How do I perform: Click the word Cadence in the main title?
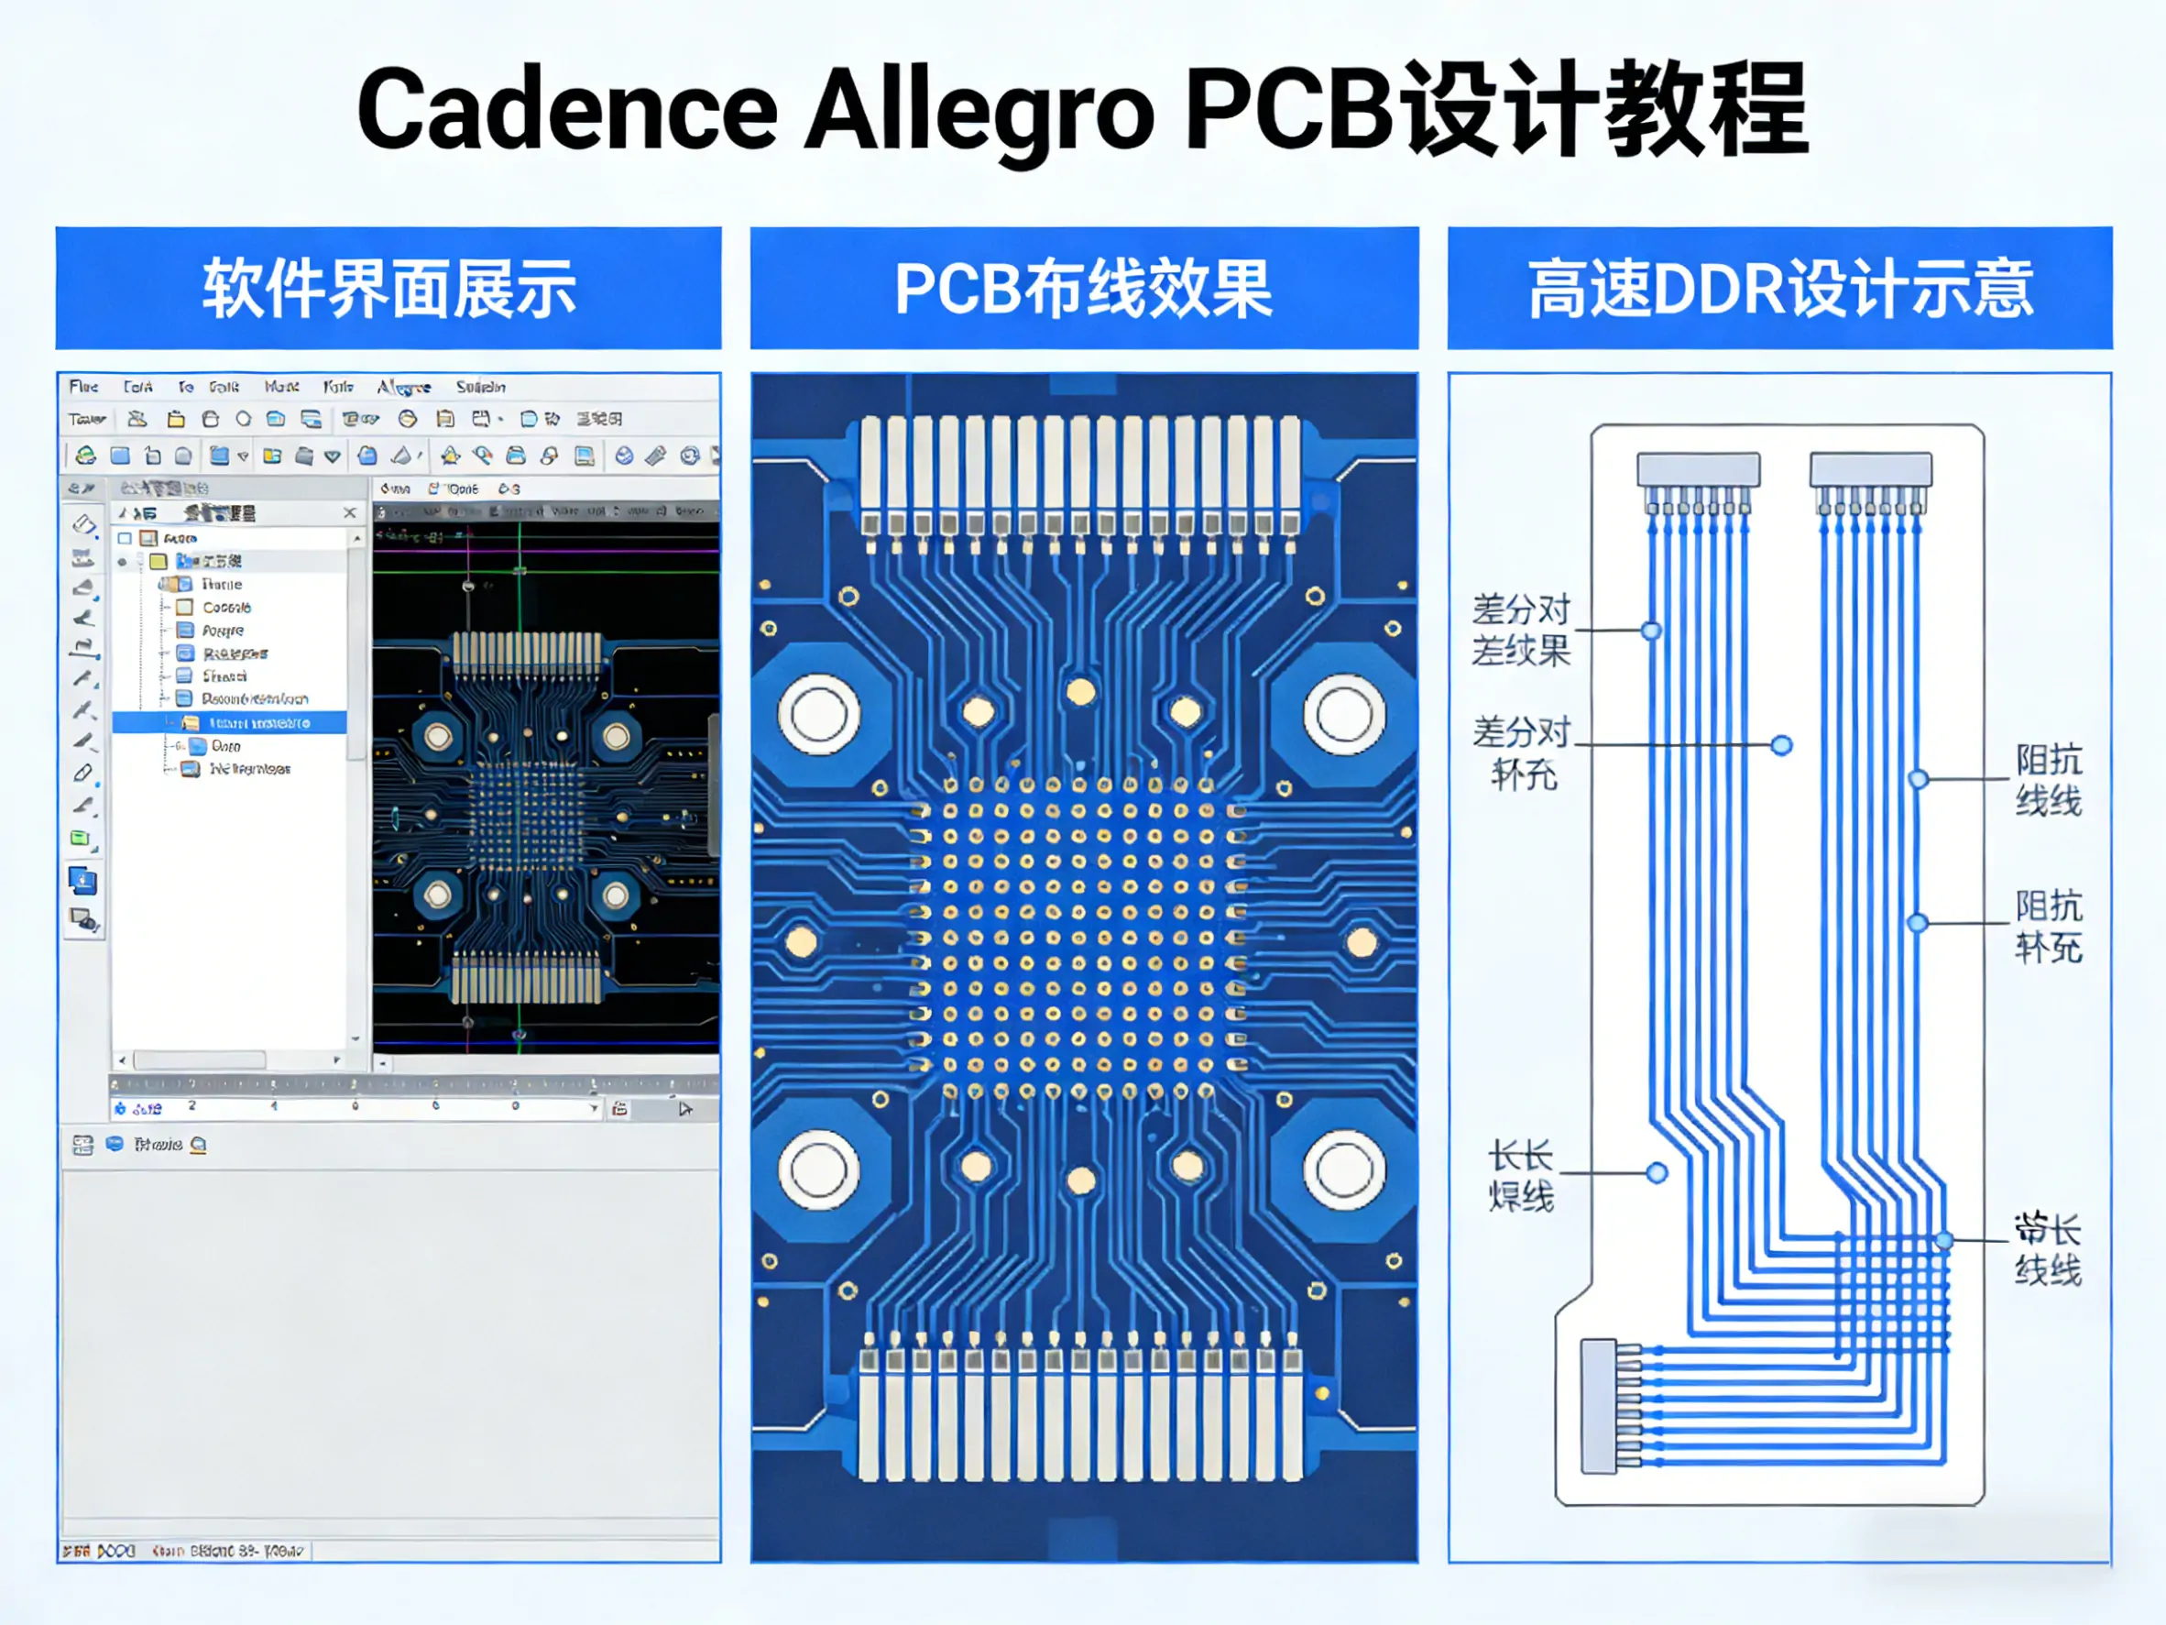[567, 110]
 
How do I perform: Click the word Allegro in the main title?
[979, 110]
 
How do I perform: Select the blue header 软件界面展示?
[388, 288]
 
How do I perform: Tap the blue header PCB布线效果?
[1084, 288]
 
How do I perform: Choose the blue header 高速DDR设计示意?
[1779, 288]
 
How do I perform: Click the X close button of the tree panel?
[350, 512]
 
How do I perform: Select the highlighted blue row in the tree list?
[230, 723]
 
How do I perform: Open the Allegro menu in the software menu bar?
[403, 387]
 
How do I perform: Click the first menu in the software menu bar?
[84, 387]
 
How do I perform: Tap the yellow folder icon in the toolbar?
[176, 419]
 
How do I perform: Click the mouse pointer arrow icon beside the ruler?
[684, 1109]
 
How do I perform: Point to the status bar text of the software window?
[186, 1552]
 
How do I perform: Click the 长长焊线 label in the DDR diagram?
[1521, 1175]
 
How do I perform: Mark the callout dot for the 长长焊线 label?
[1657, 1172]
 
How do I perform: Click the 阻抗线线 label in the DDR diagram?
[2048, 780]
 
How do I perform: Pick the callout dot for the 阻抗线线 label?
[1919, 780]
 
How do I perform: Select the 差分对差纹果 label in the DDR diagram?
[1521, 630]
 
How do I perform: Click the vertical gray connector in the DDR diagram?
[1599, 1406]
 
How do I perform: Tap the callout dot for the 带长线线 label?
[1944, 1241]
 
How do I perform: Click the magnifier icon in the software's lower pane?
[199, 1144]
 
